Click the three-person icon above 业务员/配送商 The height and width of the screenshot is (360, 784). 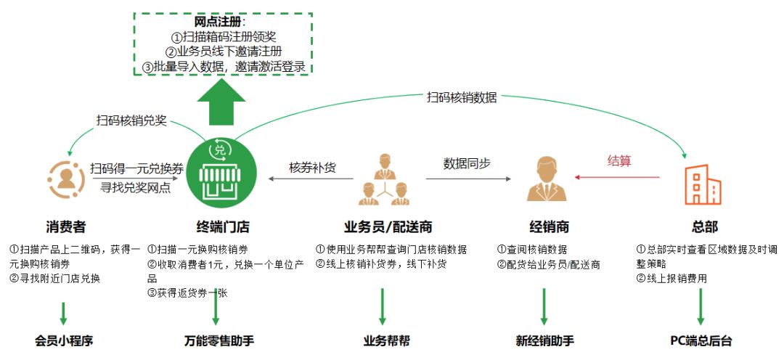[x=384, y=180]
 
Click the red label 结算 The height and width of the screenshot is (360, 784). [x=619, y=161]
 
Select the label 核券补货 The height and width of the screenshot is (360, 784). [x=312, y=168]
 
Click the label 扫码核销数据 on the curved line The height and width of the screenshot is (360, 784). [x=462, y=97]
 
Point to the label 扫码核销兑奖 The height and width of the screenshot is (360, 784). [x=131, y=120]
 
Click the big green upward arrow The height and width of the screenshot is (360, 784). [x=221, y=102]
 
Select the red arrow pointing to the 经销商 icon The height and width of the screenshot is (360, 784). [x=618, y=177]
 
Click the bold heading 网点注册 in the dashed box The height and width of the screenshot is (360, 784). [x=218, y=22]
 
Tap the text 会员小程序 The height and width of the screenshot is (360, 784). [x=63, y=341]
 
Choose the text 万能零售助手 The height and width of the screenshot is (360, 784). [x=219, y=341]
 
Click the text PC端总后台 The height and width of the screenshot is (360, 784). [x=701, y=341]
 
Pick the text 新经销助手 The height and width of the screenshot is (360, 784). [x=545, y=341]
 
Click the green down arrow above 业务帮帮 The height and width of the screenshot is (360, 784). [x=383, y=306]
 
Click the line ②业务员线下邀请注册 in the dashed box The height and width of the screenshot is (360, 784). [x=223, y=52]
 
